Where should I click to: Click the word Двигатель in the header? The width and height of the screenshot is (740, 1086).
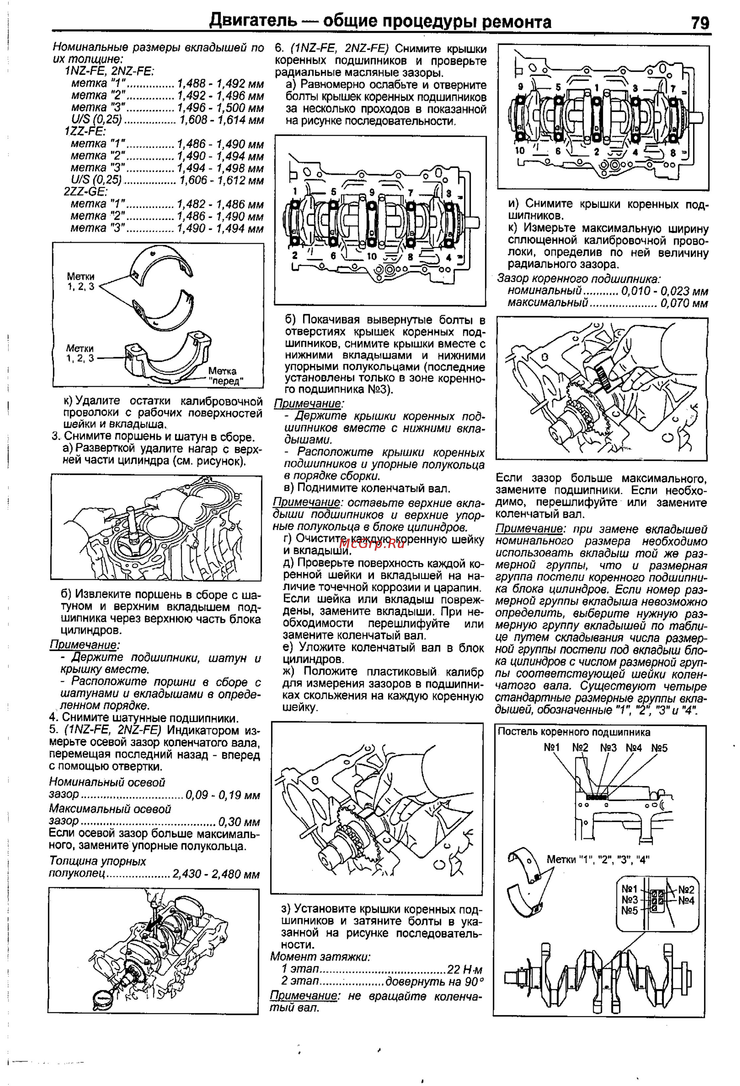click(x=253, y=21)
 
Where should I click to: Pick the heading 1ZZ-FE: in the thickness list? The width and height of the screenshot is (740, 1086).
click(x=85, y=132)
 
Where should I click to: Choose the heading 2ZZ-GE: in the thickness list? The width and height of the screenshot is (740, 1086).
click(x=86, y=192)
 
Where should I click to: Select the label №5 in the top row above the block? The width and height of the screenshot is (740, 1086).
click(x=659, y=748)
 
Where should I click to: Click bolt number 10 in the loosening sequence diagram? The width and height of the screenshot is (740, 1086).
click(x=371, y=256)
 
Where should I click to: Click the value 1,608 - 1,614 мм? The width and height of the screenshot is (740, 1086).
click(x=221, y=120)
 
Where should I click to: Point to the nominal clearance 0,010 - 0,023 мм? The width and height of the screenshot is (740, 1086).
click(x=664, y=291)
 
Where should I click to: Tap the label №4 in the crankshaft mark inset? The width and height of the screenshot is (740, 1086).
click(x=686, y=900)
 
